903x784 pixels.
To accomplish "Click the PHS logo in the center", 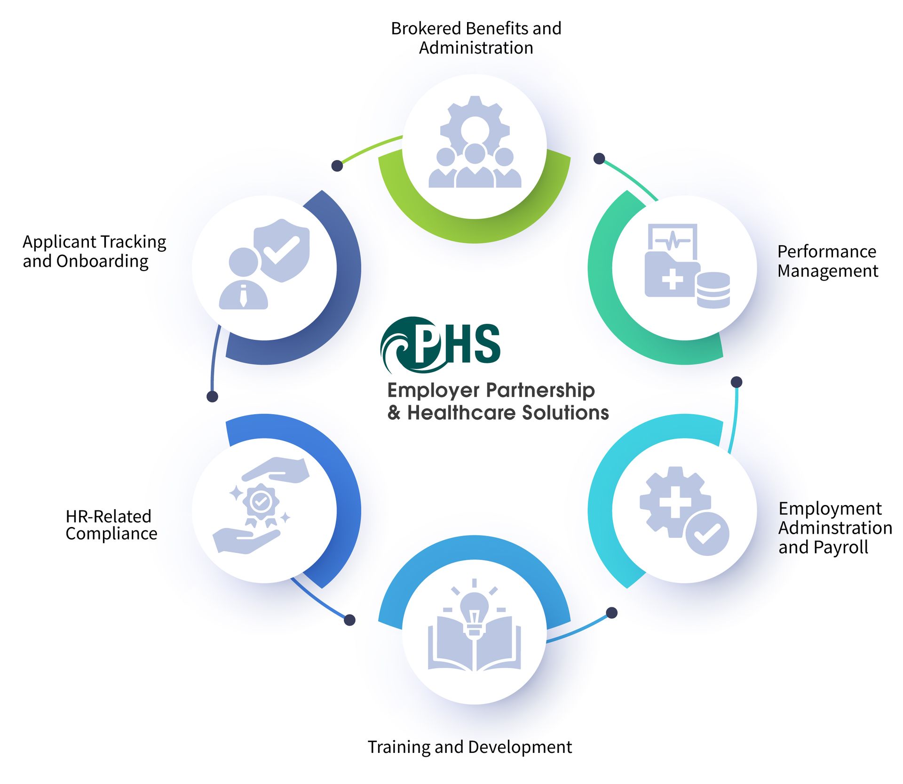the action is coord(440,344).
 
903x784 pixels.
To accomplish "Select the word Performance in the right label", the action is coord(826,251).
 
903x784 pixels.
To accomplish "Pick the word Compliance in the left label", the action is coord(111,534).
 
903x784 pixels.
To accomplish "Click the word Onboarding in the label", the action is coord(102,261).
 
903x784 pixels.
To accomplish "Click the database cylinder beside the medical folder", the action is coord(713,290).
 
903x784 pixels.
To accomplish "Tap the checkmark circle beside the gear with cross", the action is coord(707,534).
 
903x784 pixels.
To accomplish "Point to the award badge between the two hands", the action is coord(261,504).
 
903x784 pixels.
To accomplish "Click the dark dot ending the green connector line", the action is coord(337,166).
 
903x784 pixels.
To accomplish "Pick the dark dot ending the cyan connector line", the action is coord(737,382).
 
